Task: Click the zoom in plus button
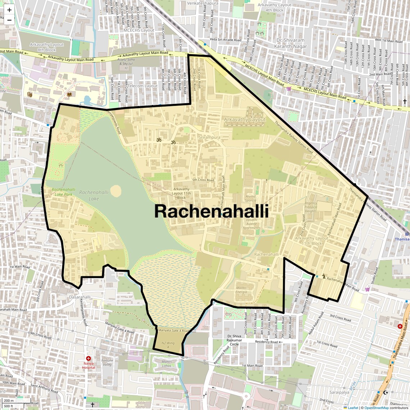[x=9, y=10]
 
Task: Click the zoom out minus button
[x=9, y=20]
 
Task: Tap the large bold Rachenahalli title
[x=211, y=211]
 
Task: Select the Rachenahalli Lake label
[x=94, y=195]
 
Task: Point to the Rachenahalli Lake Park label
[x=62, y=192]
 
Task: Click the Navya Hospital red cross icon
[x=88, y=359]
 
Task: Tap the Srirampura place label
[x=209, y=137]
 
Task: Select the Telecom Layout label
[x=143, y=86]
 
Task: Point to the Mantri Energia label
[x=241, y=290]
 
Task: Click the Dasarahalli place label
[x=79, y=297]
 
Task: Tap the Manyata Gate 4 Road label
[x=173, y=331]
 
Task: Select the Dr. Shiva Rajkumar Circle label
[x=234, y=340]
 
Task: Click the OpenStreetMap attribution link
[x=377, y=407]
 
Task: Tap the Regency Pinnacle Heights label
[x=311, y=207]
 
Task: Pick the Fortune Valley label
[x=107, y=362]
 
